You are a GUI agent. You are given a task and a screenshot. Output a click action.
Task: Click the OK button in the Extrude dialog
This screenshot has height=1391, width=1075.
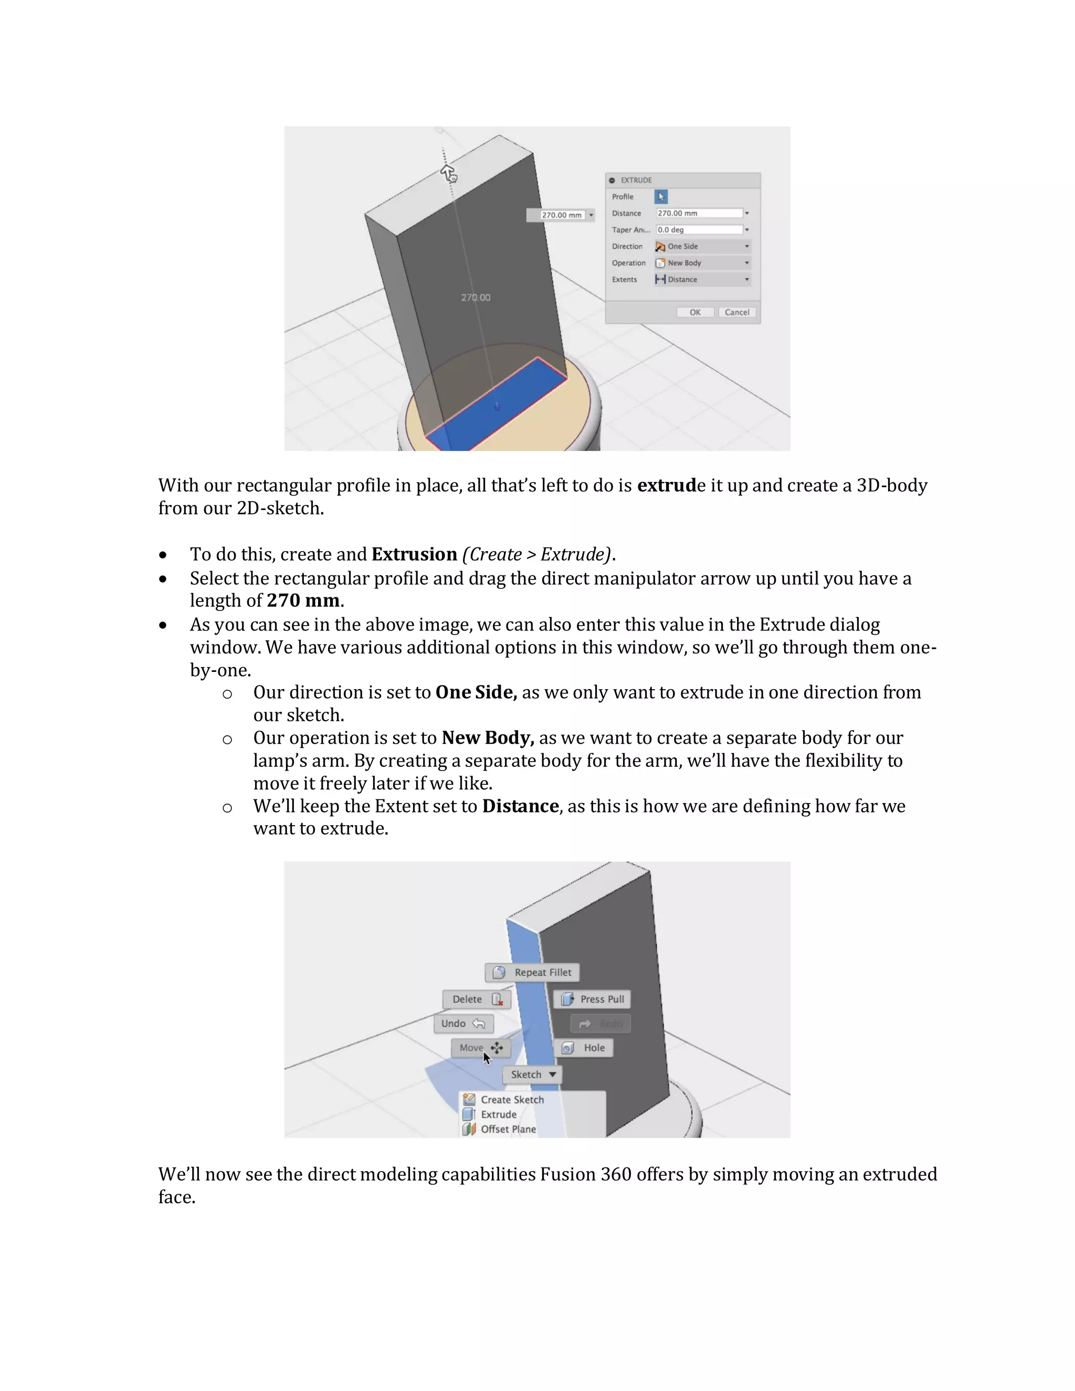pos(695,312)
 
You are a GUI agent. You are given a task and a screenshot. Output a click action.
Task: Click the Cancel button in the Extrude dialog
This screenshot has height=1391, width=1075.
pos(737,312)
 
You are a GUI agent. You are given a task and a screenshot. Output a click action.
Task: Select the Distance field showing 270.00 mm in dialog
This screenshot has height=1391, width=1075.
pos(699,213)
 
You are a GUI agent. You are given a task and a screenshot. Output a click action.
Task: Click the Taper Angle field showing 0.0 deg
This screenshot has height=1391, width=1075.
pos(699,230)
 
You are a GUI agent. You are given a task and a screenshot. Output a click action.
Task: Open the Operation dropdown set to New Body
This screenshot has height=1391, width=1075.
pos(702,263)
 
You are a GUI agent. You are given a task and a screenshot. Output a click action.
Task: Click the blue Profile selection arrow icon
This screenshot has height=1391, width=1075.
pos(661,197)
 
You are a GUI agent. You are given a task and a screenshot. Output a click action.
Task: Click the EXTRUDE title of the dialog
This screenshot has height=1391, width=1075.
pos(636,180)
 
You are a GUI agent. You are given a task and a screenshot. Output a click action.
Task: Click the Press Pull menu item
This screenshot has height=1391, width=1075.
pos(592,999)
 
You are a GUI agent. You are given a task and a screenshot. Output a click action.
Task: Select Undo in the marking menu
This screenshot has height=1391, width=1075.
pos(463,1024)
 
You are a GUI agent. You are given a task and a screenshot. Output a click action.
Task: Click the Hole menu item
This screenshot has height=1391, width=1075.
pos(584,1048)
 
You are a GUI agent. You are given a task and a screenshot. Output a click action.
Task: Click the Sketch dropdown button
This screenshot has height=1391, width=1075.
pos(532,1074)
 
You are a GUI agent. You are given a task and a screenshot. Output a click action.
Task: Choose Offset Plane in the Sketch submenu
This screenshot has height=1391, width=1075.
pos(508,1129)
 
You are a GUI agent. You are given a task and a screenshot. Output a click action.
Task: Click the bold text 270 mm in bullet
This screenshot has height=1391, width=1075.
pos(302,600)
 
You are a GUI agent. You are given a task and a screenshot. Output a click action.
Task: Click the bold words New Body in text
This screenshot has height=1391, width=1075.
pos(487,737)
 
